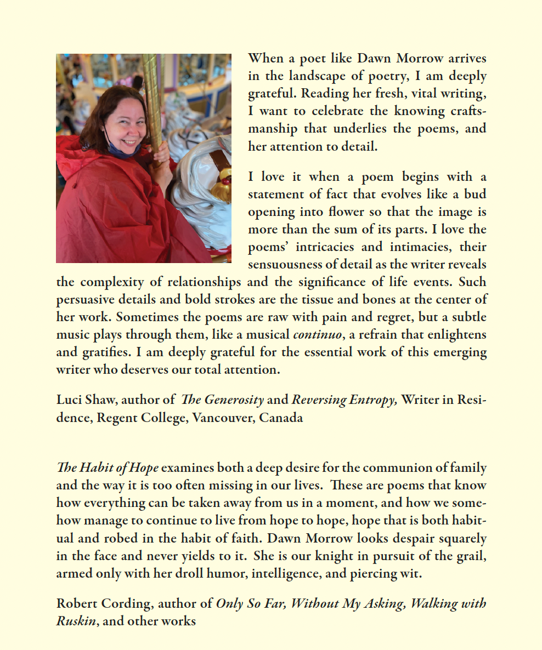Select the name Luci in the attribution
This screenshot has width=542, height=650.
(x=69, y=400)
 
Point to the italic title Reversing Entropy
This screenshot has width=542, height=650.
(x=343, y=400)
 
